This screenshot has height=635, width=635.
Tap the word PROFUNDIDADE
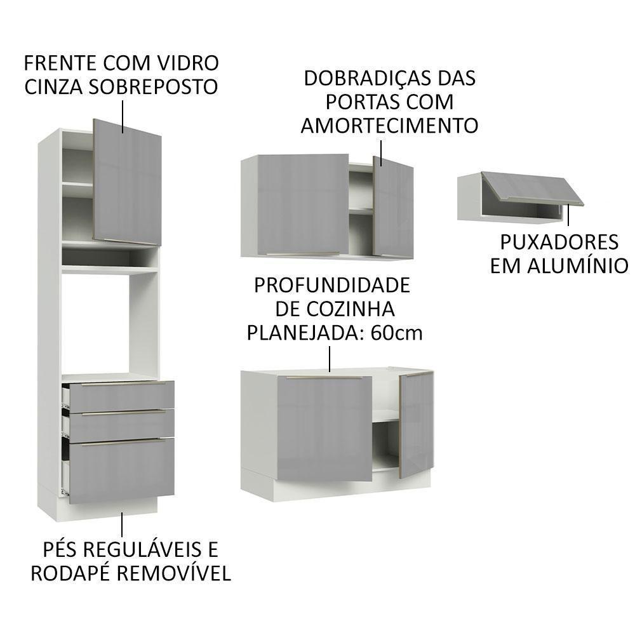click(331, 285)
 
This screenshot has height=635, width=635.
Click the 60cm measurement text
click(398, 333)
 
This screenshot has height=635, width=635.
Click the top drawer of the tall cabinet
click(121, 396)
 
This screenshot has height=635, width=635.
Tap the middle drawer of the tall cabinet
click(121, 425)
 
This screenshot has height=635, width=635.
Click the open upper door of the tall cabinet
click(127, 181)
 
